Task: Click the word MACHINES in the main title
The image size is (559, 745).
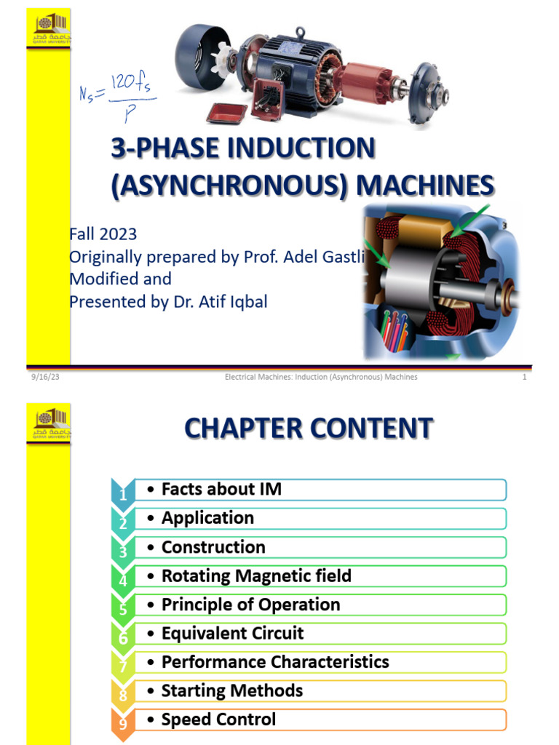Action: (x=424, y=186)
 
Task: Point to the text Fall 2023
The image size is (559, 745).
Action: (x=103, y=234)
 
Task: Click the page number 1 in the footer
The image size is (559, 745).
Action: (x=524, y=377)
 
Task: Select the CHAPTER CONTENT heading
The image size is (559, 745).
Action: (x=309, y=429)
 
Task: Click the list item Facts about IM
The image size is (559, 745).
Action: (x=221, y=490)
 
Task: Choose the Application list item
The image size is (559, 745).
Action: (x=207, y=518)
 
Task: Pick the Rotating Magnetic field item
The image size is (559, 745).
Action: (x=256, y=576)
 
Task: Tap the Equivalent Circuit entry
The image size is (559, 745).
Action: (x=232, y=633)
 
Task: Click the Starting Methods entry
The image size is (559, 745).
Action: (x=231, y=690)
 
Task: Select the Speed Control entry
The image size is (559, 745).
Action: (x=218, y=720)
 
